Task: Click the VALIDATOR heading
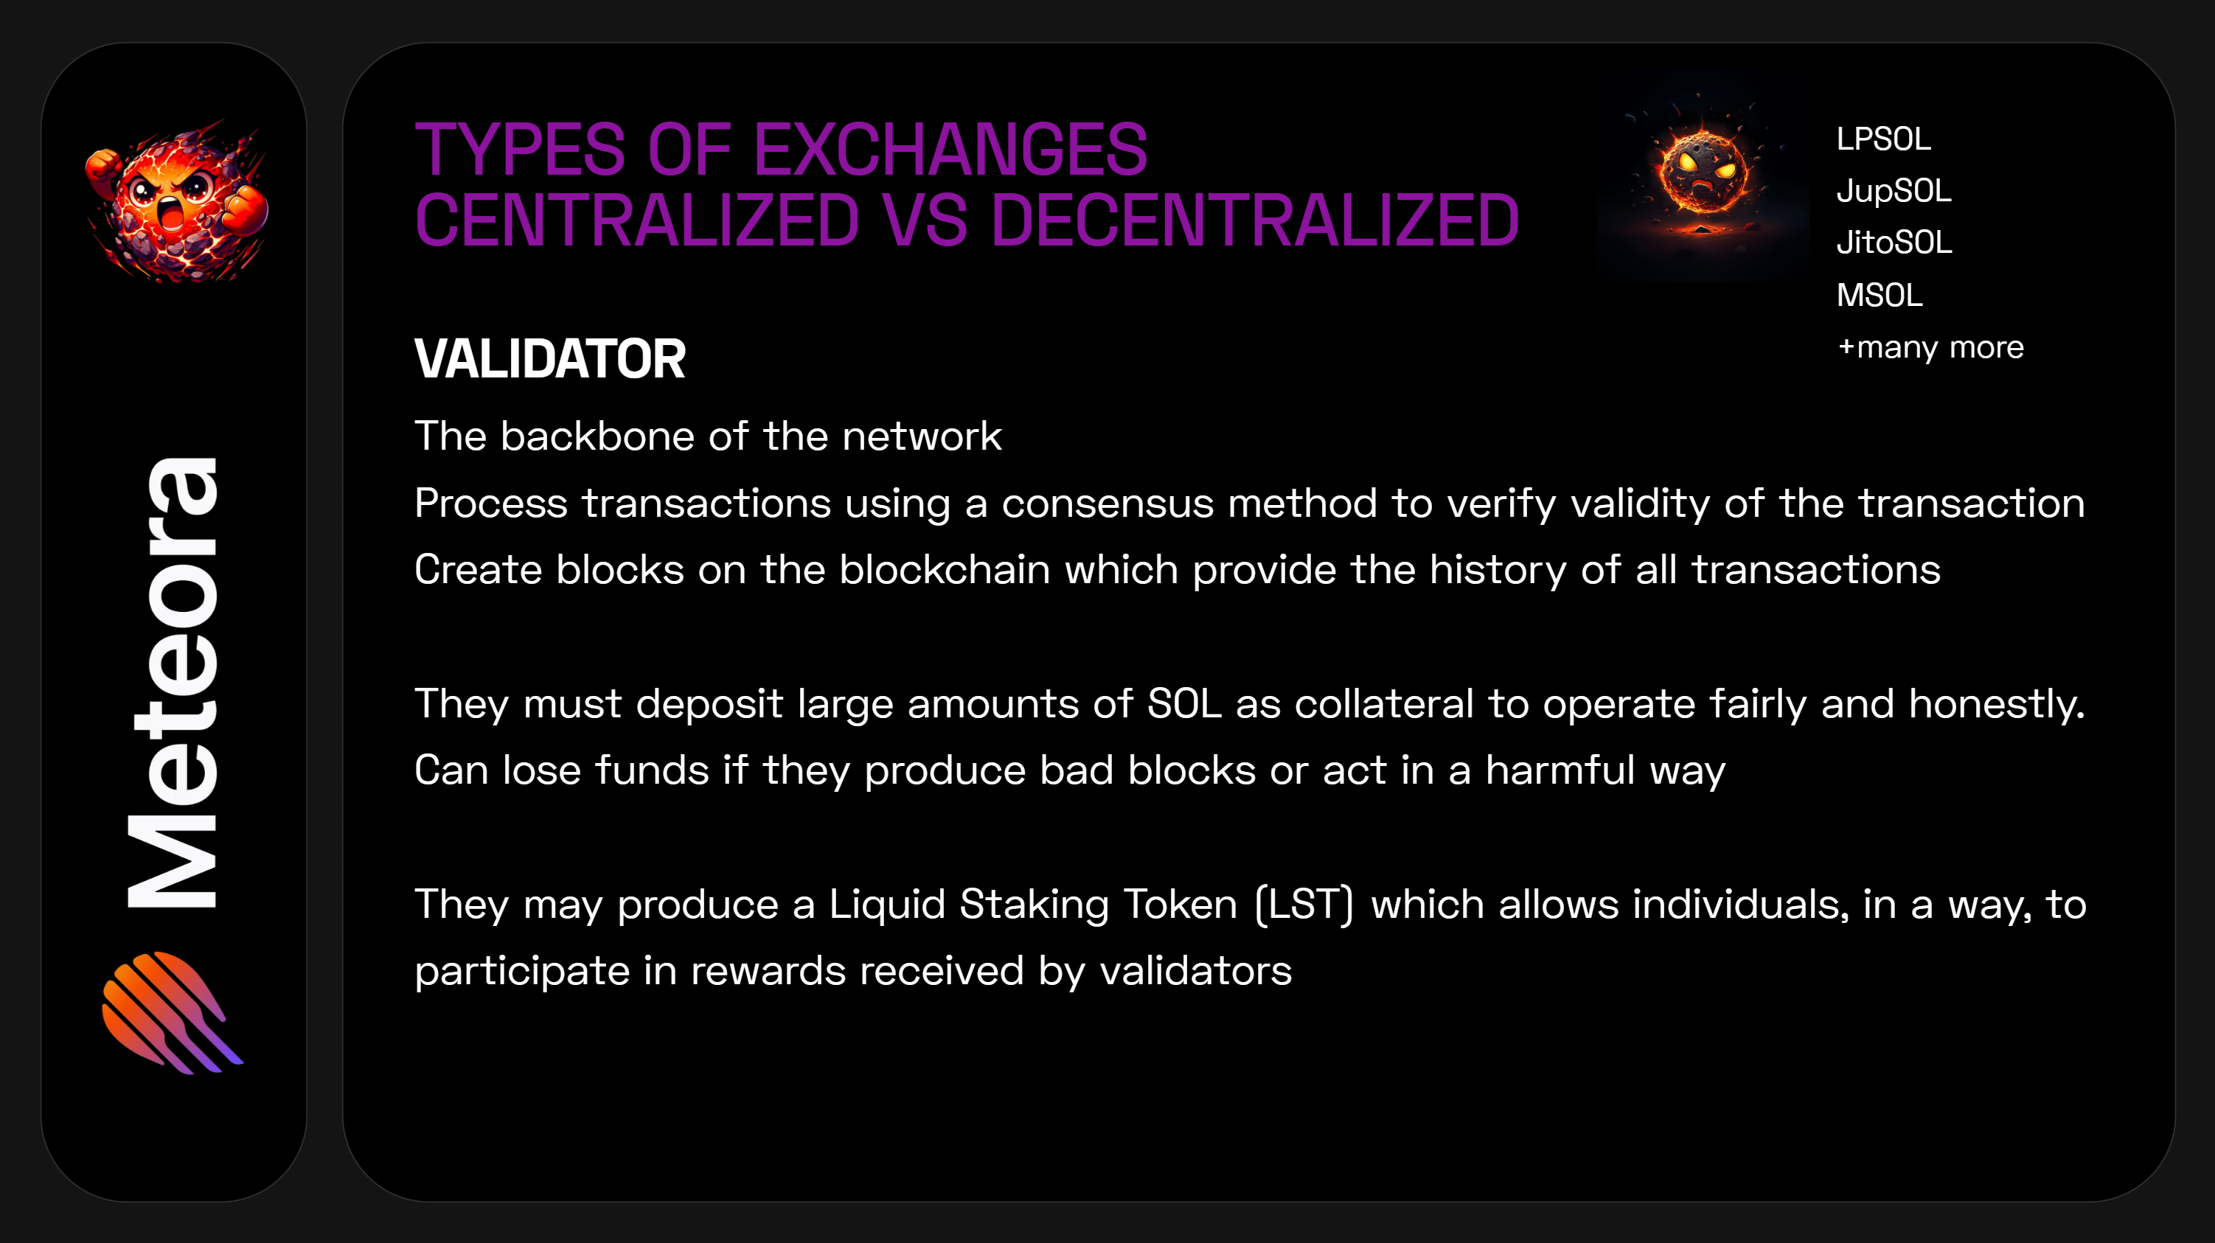pos(549,358)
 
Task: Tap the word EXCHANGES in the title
pos(950,149)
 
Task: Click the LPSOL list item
pos(1883,139)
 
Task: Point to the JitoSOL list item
pos(1894,243)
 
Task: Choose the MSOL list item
pos(1880,296)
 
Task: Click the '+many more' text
pos(1930,347)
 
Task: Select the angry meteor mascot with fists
pos(176,203)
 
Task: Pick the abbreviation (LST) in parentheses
pos(1304,905)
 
